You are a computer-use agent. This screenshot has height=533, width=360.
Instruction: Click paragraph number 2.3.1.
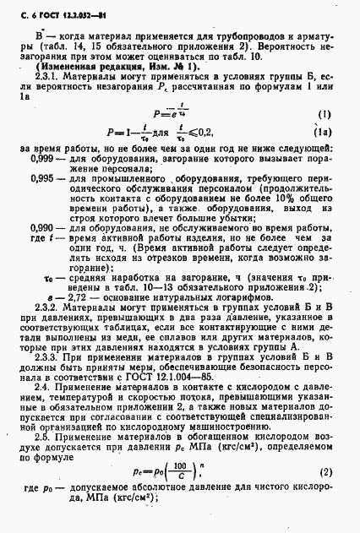[x=45, y=75]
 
